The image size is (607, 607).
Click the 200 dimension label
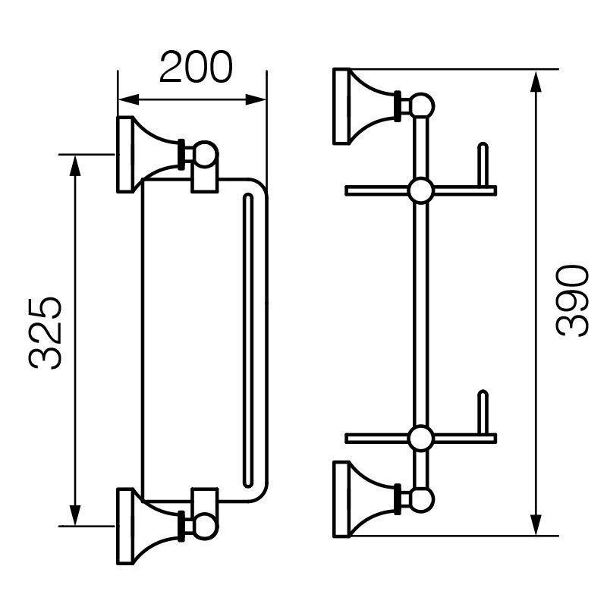[x=196, y=67]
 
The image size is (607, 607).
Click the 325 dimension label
[x=45, y=333]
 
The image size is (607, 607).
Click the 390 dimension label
[x=572, y=300]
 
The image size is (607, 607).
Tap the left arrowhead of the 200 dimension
[x=128, y=99]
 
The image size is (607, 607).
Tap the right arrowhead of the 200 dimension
[x=256, y=99]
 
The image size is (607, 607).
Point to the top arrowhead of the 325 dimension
[x=75, y=165]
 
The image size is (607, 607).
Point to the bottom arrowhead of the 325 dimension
[x=75, y=515]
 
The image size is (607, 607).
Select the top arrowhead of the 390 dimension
[x=536, y=81]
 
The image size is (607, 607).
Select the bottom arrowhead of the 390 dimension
[x=536, y=525]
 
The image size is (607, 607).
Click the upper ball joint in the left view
[x=206, y=154]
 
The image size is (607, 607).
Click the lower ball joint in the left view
[x=206, y=527]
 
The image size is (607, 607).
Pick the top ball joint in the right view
[x=422, y=106]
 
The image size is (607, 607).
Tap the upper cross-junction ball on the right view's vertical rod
[x=421, y=191]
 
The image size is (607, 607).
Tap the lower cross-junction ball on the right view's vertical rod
[x=421, y=439]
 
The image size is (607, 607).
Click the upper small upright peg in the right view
[x=483, y=165]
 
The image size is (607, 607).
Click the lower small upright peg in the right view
[x=483, y=413]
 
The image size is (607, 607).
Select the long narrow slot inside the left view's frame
[x=248, y=341]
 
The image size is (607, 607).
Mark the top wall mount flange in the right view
[x=342, y=107]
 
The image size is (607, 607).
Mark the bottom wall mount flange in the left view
[x=125, y=526]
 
